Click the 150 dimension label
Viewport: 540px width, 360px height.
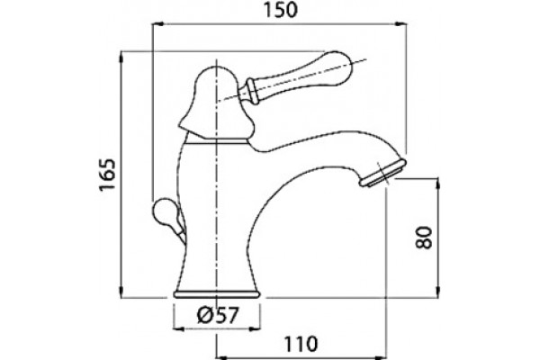pos(280,10)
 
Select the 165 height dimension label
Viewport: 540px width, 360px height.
pos(107,175)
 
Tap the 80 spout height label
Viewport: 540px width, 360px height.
pos(424,238)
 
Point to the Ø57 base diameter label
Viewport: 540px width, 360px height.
pos(218,315)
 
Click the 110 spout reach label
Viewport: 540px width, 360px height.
pos(301,344)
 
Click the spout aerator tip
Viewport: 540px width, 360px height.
pos(383,174)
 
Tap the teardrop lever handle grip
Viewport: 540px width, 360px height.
pos(300,76)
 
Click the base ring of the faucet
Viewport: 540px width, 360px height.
pos(217,294)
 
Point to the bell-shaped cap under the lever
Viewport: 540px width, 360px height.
pos(217,103)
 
